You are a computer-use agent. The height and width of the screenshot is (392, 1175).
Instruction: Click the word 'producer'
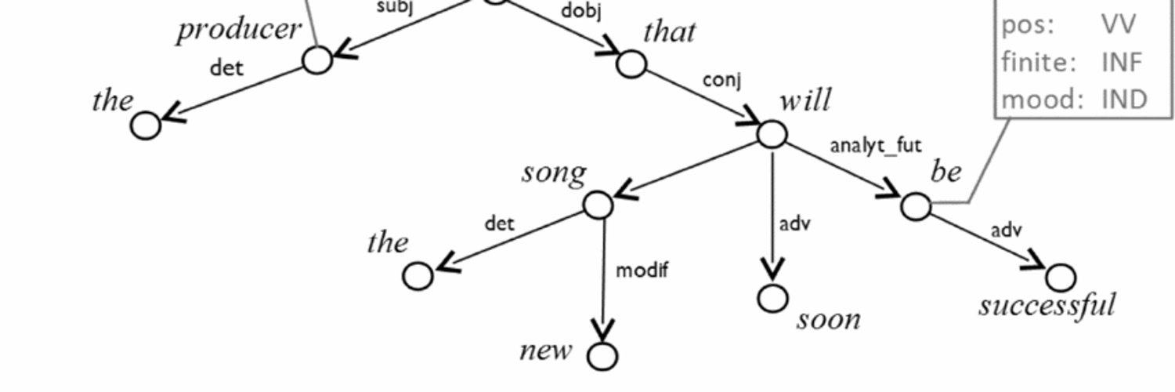click(239, 30)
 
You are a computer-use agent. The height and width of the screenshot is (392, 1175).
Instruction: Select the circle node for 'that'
click(631, 64)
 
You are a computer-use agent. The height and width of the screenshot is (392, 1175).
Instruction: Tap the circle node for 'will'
click(772, 134)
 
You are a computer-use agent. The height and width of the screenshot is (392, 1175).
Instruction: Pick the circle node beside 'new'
click(602, 356)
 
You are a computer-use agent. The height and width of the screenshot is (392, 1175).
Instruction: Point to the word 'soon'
click(829, 319)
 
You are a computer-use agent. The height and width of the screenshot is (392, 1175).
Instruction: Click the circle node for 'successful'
click(1061, 277)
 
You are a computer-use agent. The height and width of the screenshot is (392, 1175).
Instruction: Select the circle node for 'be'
click(916, 206)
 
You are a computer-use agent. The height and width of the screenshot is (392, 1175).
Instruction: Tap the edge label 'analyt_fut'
click(876, 145)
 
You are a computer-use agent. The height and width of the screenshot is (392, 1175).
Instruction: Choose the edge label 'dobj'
click(581, 12)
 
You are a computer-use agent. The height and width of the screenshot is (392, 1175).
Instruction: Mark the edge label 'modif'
click(642, 270)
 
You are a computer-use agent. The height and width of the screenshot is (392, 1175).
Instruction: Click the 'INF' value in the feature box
click(1122, 61)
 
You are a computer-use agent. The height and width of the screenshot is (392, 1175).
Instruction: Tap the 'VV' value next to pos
click(1118, 24)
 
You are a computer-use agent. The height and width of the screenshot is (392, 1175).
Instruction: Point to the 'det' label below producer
click(226, 67)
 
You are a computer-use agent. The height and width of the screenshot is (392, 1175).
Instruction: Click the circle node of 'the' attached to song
click(418, 276)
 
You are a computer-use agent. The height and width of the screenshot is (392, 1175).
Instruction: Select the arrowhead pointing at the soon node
click(772, 271)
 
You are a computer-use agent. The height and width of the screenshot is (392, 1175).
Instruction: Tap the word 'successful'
click(1046, 304)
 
